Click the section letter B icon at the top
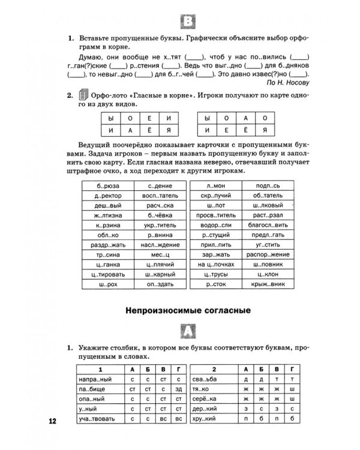188,23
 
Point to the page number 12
52,421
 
